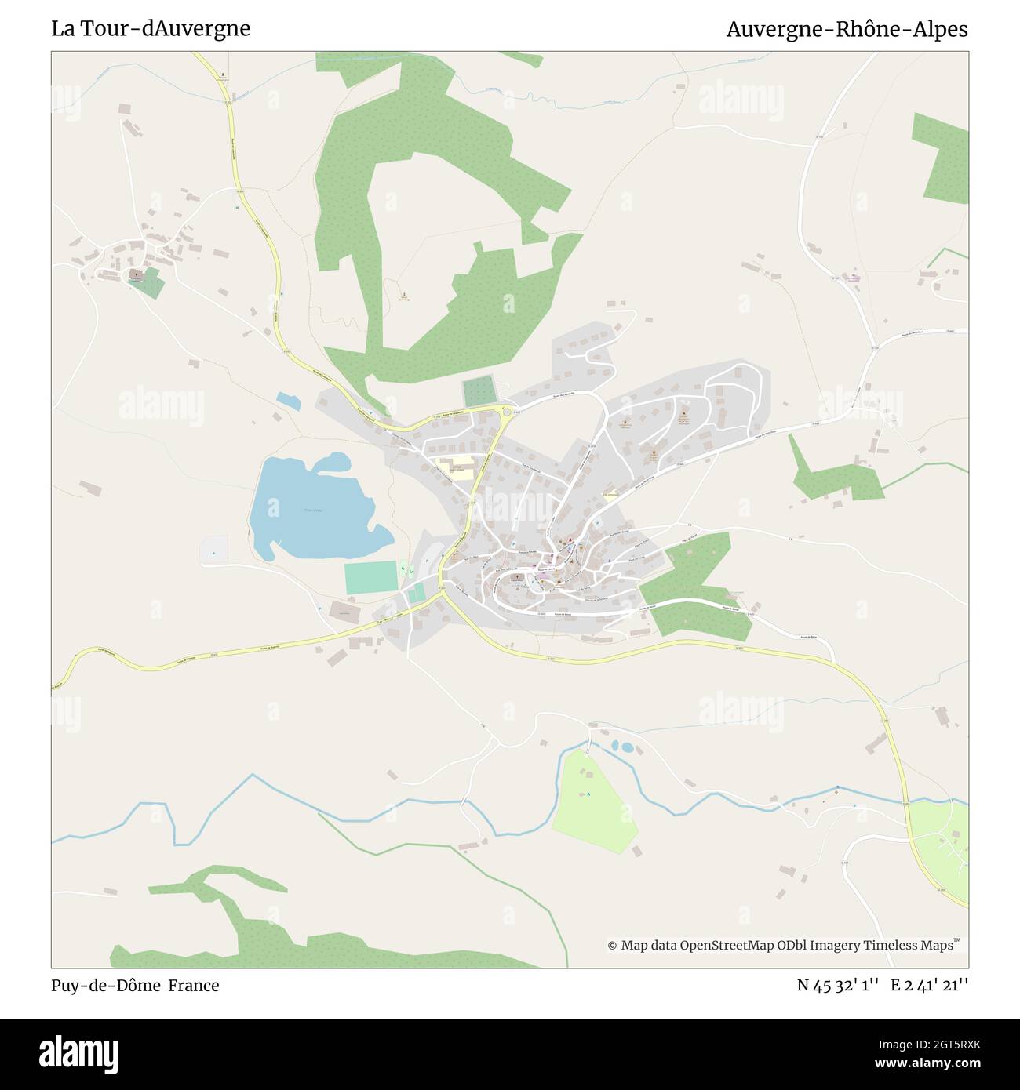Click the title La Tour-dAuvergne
click(x=151, y=29)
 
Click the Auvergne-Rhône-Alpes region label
click(x=847, y=29)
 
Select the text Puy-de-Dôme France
click(x=135, y=985)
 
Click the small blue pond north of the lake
click(x=288, y=401)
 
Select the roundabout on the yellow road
click(x=507, y=412)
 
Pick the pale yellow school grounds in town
click(x=461, y=469)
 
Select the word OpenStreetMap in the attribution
click(x=726, y=946)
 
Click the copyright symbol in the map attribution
click(x=612, y=946)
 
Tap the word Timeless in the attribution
click(x=892, y=946)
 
